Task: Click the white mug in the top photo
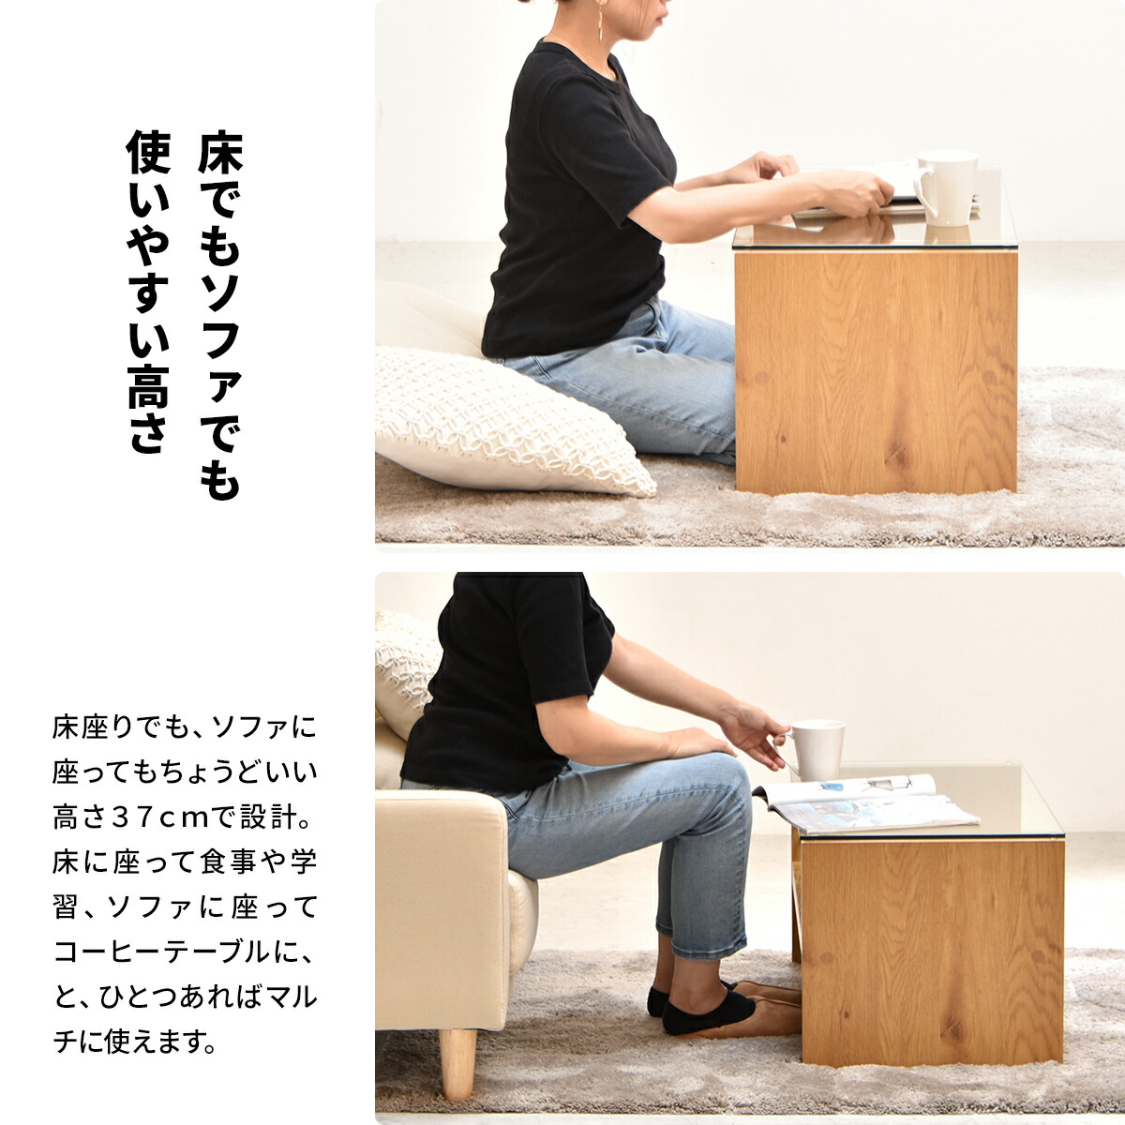[x=945, y=188]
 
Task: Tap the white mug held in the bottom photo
[x=817, y=750]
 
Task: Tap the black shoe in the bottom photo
[x=703, y=1009]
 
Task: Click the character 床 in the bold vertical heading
[x=220, y=154]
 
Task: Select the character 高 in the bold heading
[x=148, y=386]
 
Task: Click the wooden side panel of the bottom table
[x=932, y=951]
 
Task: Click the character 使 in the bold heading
[x=148, y=152]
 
